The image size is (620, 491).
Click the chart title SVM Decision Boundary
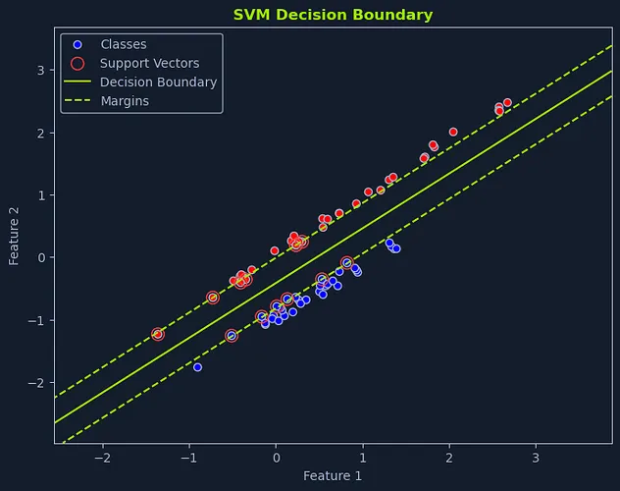coord(333,15)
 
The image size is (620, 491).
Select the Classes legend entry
coord(123,44)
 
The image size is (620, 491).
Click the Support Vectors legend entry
coord(149,63)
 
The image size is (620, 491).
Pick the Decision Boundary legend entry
coord(158,82)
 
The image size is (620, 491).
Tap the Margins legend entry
coord(125,101)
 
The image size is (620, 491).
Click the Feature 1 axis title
coord(333,476)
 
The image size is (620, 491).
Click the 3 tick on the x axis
coord(536,457)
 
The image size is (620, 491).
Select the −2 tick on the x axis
coord(102,457)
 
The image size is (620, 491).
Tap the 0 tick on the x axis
coord(276,457)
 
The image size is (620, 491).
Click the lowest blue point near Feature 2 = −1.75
coord(197,367)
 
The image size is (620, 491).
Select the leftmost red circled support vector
coord(157,334)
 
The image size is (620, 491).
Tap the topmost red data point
coord(507,102)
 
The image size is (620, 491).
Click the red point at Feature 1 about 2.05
coord(453,132)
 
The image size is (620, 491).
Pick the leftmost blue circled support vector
coord(232,336)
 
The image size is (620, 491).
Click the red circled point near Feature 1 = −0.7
coord(213,297)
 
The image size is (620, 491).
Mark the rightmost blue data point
coord(396,248)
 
